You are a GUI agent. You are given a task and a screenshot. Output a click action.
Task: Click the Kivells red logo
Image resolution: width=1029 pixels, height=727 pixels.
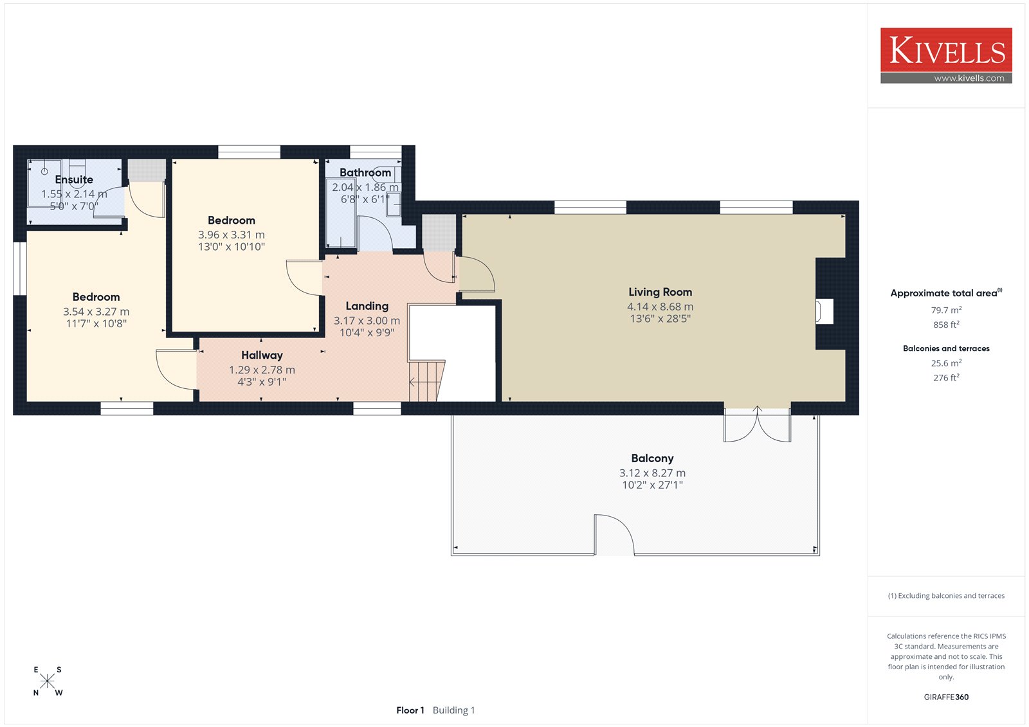coord(946,55)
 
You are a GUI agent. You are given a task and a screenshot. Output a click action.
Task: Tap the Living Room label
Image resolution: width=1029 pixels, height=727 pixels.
coord(660,292)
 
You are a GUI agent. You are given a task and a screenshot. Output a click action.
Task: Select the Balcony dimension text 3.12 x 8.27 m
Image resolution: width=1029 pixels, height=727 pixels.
coord(652,472)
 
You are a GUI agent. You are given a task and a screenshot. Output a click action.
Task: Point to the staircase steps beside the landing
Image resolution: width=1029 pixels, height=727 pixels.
coord(427,381)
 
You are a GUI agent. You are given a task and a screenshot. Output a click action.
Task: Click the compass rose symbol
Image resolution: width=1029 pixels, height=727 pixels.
coord(48,681)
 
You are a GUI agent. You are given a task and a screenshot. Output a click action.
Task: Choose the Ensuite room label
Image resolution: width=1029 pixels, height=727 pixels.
coord(74,179)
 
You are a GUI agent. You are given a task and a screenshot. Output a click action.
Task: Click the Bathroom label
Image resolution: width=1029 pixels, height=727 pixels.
coord(365,173)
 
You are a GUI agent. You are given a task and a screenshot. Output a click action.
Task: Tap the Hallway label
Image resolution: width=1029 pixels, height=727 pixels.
coord(262,355)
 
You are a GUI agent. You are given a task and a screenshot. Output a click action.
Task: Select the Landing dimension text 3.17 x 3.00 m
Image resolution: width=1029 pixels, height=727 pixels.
coord(367,321)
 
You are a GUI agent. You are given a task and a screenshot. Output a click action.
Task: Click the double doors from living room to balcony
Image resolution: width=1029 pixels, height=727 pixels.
coord(757,425)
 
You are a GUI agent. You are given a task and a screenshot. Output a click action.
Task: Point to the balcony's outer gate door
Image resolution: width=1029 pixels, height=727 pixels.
coord(614,535)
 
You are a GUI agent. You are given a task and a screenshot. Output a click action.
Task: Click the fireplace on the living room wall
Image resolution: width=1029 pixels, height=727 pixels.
coord(824,311)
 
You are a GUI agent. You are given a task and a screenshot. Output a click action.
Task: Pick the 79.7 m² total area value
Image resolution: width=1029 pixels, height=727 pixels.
coord(946,310)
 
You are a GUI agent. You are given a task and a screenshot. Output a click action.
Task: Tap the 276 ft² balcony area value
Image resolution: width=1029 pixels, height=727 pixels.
coord(946,377)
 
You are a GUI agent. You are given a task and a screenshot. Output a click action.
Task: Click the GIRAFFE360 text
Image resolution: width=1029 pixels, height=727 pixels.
coord(946,697)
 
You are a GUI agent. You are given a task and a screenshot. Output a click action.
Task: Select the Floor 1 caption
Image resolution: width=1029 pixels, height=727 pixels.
coord(410,710)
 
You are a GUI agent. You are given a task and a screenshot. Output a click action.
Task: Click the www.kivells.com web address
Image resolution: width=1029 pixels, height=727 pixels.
coord(969,78)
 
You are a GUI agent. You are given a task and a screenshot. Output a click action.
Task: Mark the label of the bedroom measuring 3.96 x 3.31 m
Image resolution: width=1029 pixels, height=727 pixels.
coord(231,220)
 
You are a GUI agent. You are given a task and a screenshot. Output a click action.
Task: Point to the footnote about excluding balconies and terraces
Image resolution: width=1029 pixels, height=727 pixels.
coord(946,596)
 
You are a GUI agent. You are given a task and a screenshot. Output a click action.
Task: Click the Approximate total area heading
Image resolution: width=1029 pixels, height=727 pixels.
coord(946,292)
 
